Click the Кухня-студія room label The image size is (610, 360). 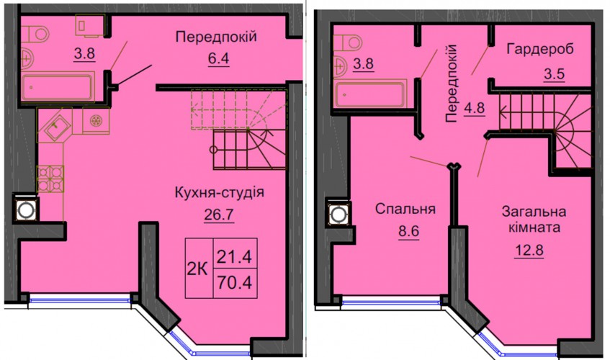pos(220,192)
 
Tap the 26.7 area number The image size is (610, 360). pos(219,215)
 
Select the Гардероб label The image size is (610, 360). pos(540,50)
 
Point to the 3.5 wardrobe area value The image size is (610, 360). pos(554,73)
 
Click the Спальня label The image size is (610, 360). pos(405,209)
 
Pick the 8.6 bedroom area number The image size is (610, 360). pos(409,231)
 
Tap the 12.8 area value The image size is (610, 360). pos(529,250)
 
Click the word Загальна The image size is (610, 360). pos(534,212)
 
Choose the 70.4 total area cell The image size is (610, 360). pos(235,283)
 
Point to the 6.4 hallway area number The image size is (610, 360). pos(218,59)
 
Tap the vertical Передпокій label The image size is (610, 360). pos(452,84)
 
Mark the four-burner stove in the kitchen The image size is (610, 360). pos(50,179)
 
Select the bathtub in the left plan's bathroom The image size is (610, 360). pos(58,87)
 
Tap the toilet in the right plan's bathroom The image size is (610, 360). pos(347,42)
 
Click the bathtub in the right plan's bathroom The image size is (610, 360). pos(370,94)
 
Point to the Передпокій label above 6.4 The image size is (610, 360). pos(216,37)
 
